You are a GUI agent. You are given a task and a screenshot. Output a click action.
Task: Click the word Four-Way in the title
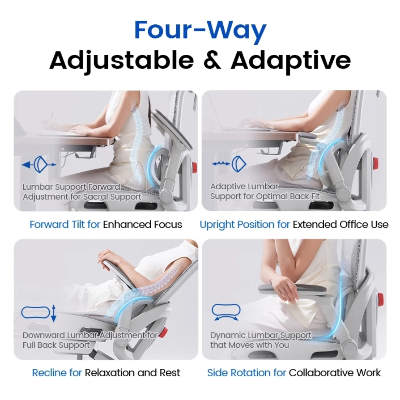pyautogui.click(x=200, y=30)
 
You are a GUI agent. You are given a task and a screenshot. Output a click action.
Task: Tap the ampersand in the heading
pyautogui.click(x=212, y=60)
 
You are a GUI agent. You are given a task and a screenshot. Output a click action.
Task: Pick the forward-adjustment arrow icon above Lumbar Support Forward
pyautogui.click(x=39, y=165)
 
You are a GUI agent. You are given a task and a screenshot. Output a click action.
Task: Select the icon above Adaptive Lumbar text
pyautogui.click(x=229, y=164)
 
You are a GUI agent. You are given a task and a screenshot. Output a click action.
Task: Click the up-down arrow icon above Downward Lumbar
pyautogui.click(x=39, y=313)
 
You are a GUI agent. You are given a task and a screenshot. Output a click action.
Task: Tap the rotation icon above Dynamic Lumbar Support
pyautogui.click(x=226, y=312)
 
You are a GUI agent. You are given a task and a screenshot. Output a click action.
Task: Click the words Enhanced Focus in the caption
pyautogui.click(x=142, y=224)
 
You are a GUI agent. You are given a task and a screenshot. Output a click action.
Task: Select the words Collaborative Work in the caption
pyautogui.click(x=335, y=373)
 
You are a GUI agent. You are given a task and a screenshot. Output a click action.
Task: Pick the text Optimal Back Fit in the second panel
pyautogui.click(x=287, y=196)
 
